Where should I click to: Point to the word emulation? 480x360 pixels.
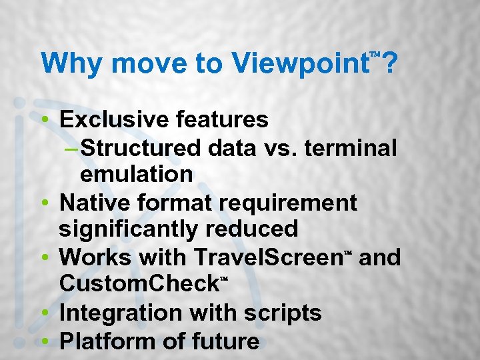click(x=136, y=175)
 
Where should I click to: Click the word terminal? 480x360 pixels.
click(x=350, y=147)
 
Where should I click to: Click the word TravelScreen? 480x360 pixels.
click(x=269, y=257)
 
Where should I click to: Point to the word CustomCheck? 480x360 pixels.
click(x=139, y=284)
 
